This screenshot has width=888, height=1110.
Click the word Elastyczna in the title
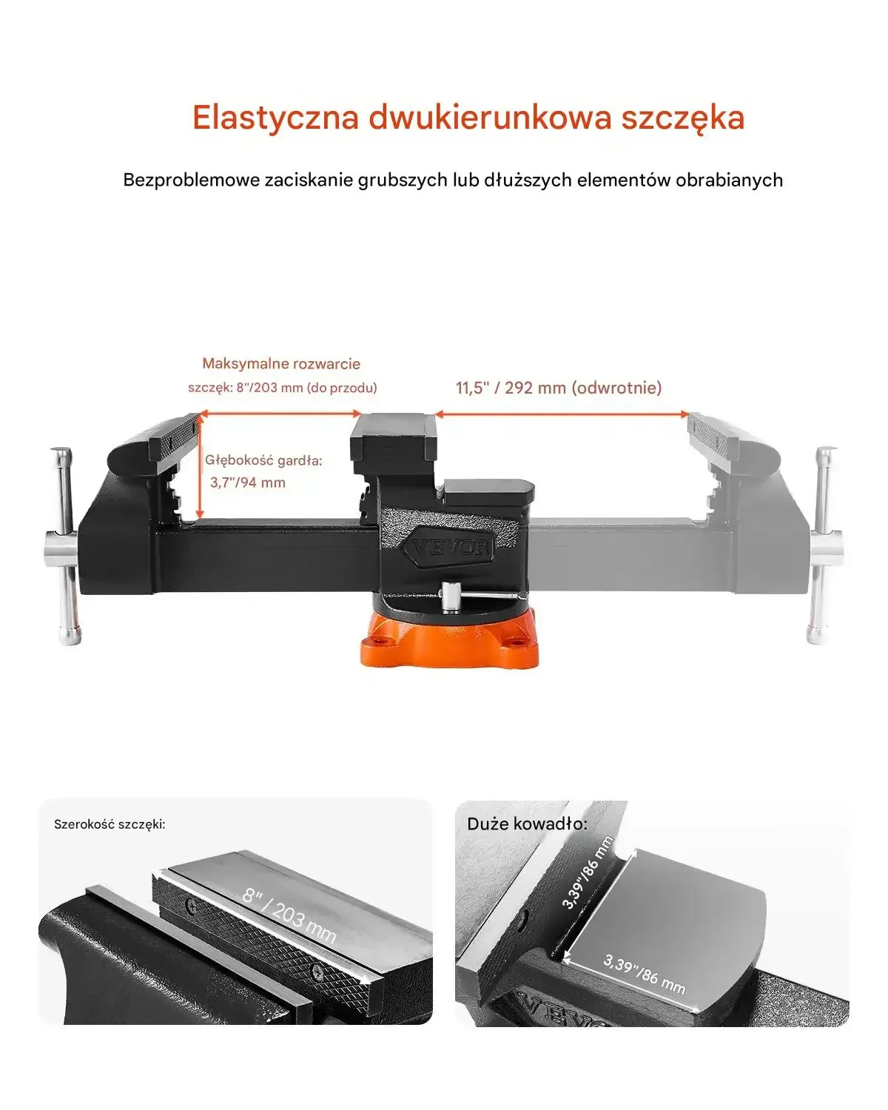click(275, 118)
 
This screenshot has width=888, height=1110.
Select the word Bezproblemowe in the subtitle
click(192, 180)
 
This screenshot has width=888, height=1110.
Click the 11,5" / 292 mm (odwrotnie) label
click(558, 388)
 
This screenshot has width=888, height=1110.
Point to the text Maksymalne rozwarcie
click(281, 363)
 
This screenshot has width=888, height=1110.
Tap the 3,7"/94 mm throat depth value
click(248, 482)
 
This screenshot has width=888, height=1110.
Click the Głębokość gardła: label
click(263, 460)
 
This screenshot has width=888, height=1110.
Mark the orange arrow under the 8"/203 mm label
click(280, 413)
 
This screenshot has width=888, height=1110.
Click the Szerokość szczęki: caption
click(110, 824)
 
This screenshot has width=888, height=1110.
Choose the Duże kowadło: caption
click(528, 824)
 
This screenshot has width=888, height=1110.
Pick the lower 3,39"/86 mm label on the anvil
click(645, 975)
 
